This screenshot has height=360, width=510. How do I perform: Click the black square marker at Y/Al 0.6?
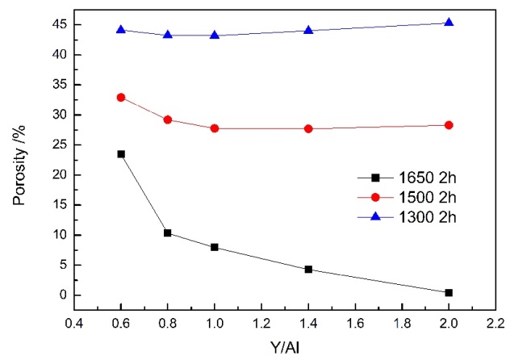[x=121, y=153]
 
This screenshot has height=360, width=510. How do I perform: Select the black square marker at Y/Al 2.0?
[x=449, y=292]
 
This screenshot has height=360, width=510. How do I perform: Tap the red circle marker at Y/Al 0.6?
[x=121, y=97]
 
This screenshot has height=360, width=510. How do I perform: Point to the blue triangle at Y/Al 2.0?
[x=449, y=23]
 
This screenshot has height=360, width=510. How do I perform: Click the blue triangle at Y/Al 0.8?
[x=168, y=35]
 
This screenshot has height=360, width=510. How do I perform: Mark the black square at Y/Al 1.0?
[x=215, y=247]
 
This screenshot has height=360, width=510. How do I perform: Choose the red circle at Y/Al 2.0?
[x=449, y=125]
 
